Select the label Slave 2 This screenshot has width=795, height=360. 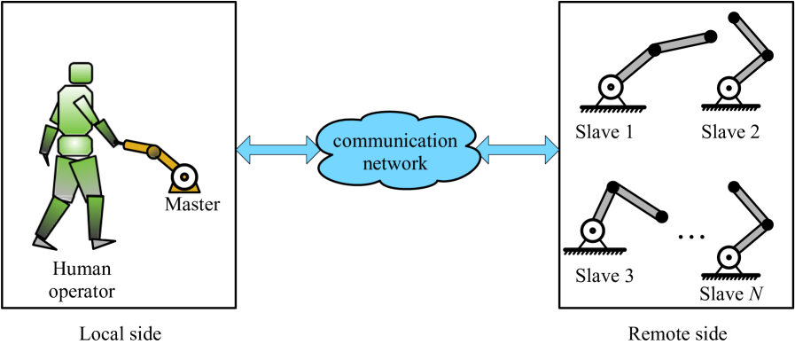click(x=730, y=133)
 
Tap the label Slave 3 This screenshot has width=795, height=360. click(x=604, y=275)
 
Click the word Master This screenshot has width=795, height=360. click(x=192, y=205)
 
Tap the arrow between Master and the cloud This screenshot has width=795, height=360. click(x=277, y=152)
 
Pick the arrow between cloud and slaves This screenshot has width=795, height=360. click(x=518, y=152)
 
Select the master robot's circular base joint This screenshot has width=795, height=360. click(x=183, y=176)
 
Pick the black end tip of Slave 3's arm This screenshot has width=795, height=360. click(x=661, y=215)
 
